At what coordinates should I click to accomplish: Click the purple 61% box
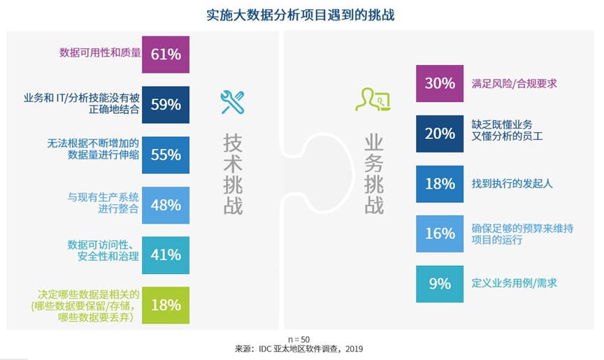point(166,55)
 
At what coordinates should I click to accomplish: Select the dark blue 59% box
point(166,105)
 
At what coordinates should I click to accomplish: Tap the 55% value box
point(166,154)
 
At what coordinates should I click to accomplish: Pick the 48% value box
point(166,205)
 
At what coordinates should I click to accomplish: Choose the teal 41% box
point(166,254)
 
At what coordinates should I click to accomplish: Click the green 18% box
point(166,305)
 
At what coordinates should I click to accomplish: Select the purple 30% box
point(440,83)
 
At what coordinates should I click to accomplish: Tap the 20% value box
point(440,134)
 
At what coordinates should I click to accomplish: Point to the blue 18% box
point(440,184)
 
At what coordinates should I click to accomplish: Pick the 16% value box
point(440,233)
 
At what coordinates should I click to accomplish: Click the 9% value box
point(440,284)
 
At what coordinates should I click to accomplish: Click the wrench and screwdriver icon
point(231,102)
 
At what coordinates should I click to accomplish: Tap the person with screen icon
point(373,99)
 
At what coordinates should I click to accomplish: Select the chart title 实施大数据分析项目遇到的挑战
point(301,15)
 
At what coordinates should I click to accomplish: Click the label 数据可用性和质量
point(100,52)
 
